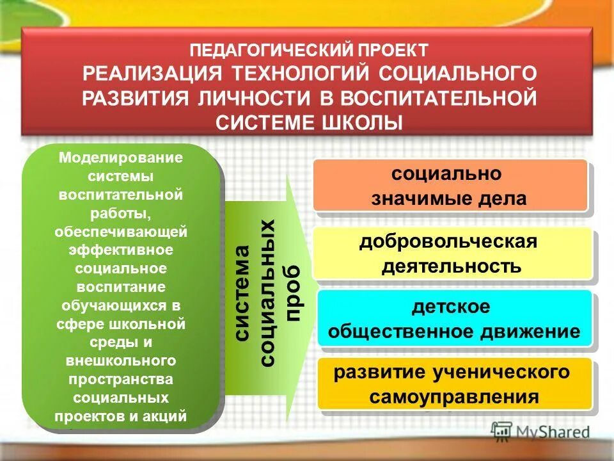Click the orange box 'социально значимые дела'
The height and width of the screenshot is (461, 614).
[x=450, y=186]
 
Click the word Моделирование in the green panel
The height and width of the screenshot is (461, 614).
[x=121, y=158]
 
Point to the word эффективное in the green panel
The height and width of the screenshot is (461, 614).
[x=121, y=248]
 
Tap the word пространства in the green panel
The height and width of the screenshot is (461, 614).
[x=121, y=381]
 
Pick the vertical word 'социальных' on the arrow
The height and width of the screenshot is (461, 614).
[x=268, y=293]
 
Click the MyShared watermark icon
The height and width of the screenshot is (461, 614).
[x=502, y=432]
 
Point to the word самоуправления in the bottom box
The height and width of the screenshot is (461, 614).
[x=454, y=397]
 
